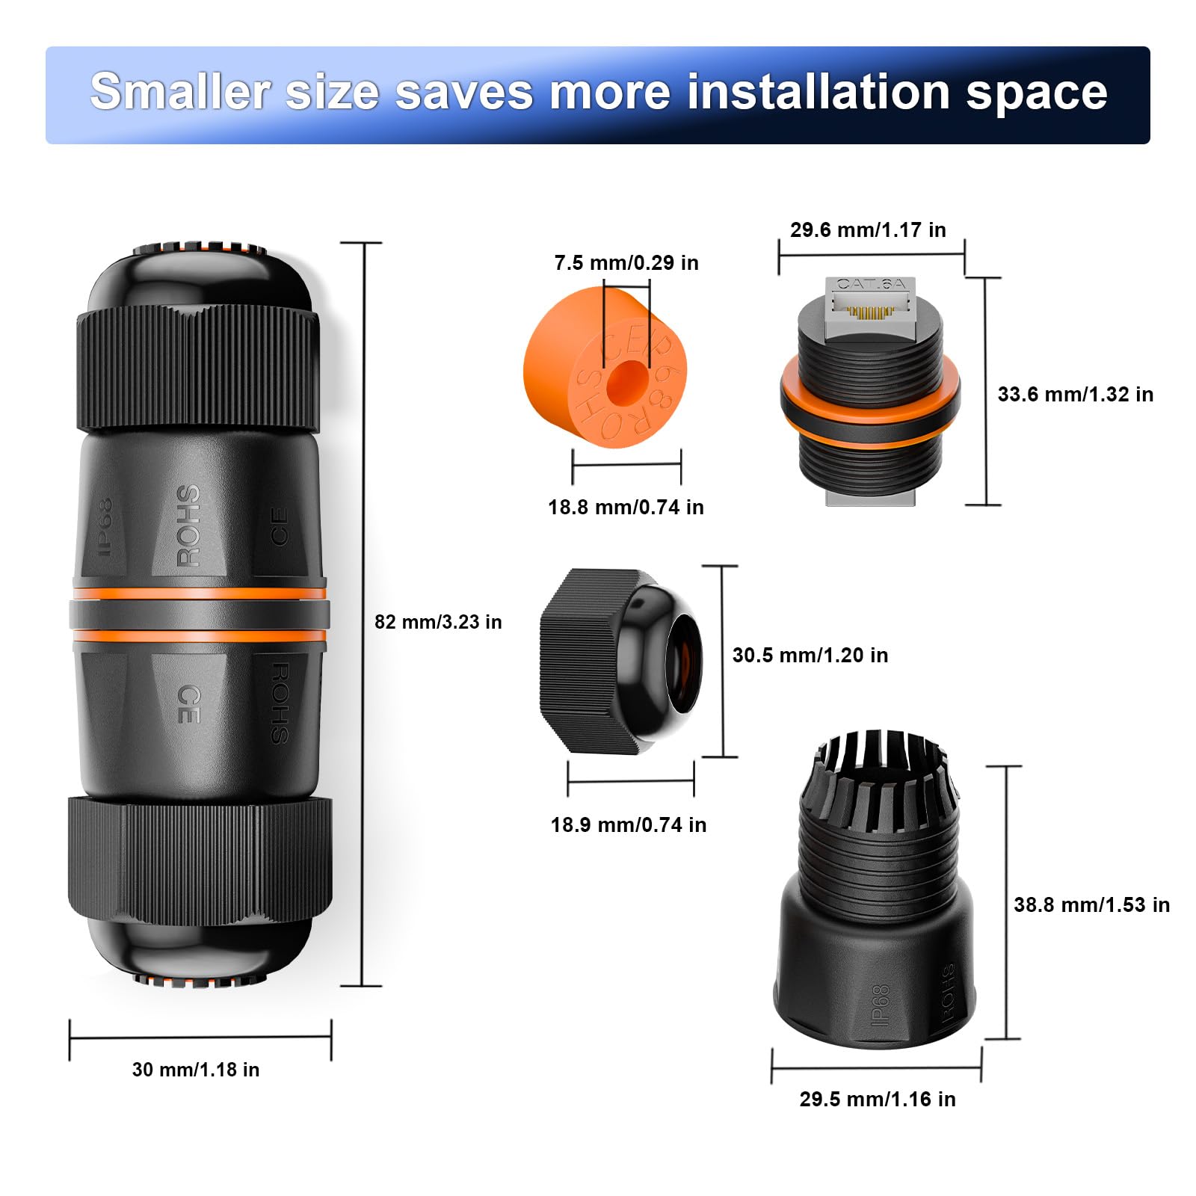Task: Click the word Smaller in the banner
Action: click(x=179, y=92)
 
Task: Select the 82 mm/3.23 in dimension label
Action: click(x=438, y=622)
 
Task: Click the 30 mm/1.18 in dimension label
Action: click(x=196, y=1070)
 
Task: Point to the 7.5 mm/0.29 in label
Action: click(x=626, y=263)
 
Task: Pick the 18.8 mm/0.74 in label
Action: click(x=626, y=508)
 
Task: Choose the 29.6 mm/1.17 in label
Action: click(x=868, y=230)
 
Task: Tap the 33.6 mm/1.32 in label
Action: click(x=1075, y=395)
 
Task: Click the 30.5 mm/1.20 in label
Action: click(x=810, y=656)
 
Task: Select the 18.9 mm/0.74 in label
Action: click(x=629, y=825)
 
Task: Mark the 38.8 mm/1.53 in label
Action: click(x=1091, y=905)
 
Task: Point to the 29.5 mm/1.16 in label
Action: click(x=878, y=1100)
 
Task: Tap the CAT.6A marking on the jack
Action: click(x=871, y=284)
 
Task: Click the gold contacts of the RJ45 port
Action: click(x=871, y=312)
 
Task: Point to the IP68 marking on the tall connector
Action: click(x=105, y=527)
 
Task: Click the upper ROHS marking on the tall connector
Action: click(x=188, y=525)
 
